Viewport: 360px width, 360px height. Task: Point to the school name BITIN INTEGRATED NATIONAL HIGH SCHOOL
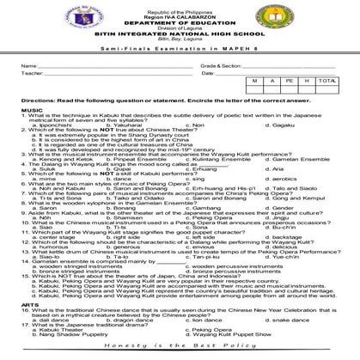pyautogui.click(x=180, y=34)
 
